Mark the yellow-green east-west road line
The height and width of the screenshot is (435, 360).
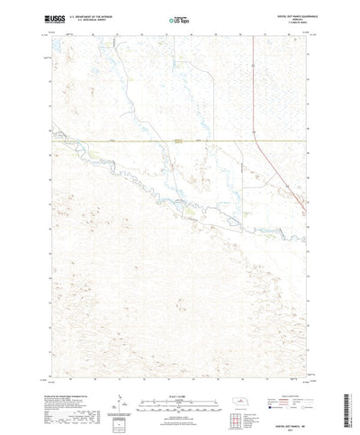click(x=135, y=141)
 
